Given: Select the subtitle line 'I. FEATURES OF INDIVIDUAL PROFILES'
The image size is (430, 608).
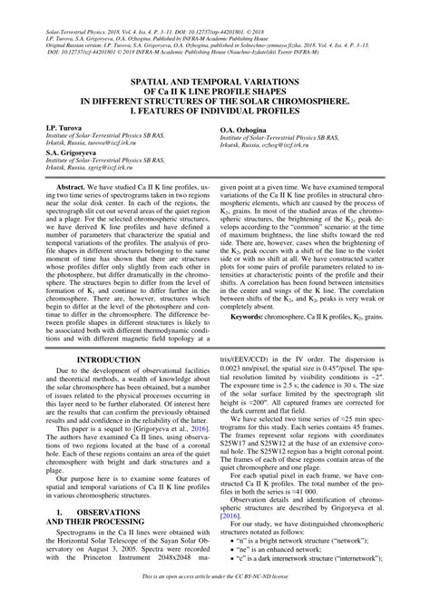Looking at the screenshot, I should [215, 111].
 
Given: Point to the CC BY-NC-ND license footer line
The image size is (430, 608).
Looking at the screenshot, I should [215, 601].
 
